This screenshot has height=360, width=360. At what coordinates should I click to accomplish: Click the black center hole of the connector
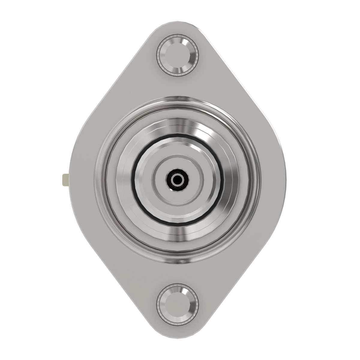click(x=178, y=180)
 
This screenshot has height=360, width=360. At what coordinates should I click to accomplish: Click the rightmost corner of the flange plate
click(x=290, y=180)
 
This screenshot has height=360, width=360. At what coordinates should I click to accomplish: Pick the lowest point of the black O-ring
click(x=178, y=224)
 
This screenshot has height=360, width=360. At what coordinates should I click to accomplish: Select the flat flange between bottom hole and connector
click(x=178, y=273)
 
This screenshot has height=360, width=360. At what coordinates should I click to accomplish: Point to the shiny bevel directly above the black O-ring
click(x=178, y=126)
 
